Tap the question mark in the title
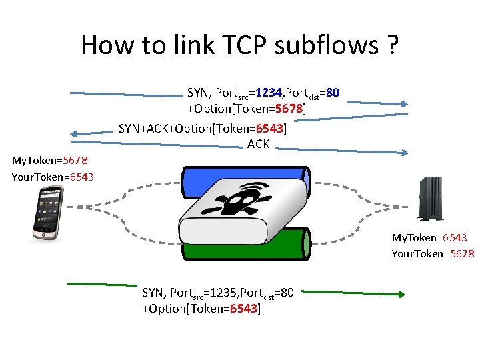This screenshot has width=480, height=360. tap(391, 45)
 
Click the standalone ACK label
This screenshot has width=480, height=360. tap(258, 143)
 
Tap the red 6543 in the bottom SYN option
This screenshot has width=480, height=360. tap(243, 309)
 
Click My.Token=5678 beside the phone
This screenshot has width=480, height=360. tap(49, 161)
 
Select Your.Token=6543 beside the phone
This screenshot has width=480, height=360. tap(53, 177)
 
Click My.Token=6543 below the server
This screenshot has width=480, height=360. tap(429, 237)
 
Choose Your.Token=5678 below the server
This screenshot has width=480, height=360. tap(432, 253)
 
